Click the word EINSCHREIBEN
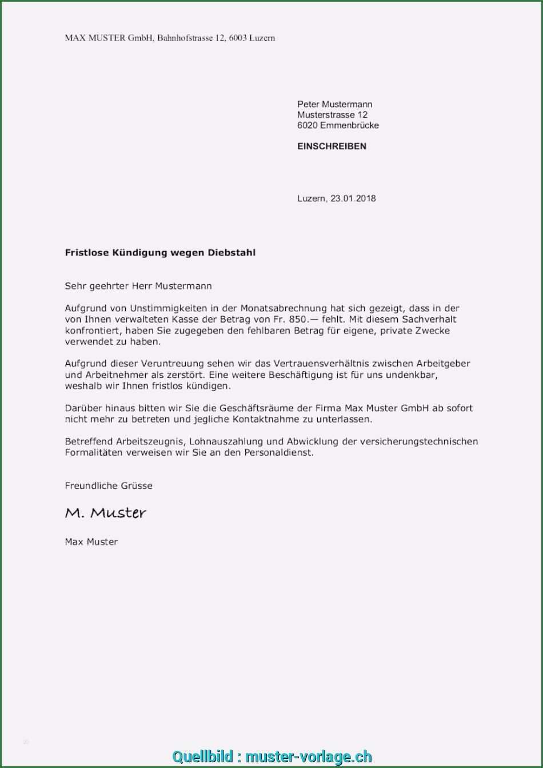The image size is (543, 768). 332,146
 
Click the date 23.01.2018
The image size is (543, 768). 353,198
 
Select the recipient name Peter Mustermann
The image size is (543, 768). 334,104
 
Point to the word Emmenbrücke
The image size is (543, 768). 350,125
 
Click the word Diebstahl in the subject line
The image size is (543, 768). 231,252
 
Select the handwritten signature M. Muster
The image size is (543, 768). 106,513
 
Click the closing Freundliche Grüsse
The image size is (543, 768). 109,486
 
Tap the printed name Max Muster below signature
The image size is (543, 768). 91,542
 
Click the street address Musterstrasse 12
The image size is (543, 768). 332,115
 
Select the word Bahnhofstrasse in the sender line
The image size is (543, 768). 184,38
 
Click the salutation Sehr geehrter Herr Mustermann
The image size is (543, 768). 138,286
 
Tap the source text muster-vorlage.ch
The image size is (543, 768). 309,757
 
